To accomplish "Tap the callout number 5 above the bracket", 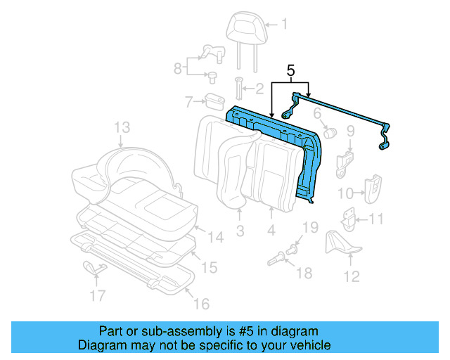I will [290, 70].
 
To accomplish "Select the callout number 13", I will [122, 127].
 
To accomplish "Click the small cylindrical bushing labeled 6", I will [330, 131].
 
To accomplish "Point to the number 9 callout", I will [351, 131].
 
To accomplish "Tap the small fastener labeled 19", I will [295, 247].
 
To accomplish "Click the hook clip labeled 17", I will [93, 267].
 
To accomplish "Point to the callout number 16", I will [201, 304].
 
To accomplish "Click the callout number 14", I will [215, 238].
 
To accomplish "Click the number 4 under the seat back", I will [271, 230].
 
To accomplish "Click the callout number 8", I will [179, 68].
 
